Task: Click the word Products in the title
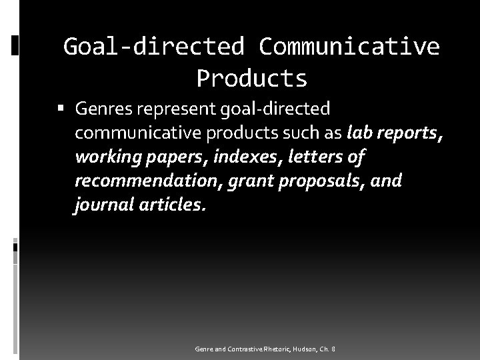[x=252, y=78]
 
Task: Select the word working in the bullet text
[x=105, y=158]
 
